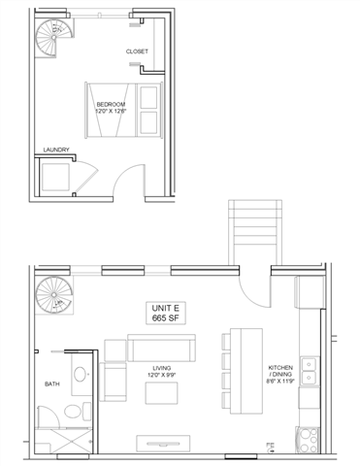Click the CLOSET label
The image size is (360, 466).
click(x=136, y=51)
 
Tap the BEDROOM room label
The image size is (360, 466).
click(x=110, y=103)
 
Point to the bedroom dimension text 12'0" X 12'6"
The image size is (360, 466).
click(x=113, y=112)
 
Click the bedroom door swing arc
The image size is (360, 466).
click(x=120, y=180)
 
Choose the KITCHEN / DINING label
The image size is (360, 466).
click(x=282, y=373)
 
